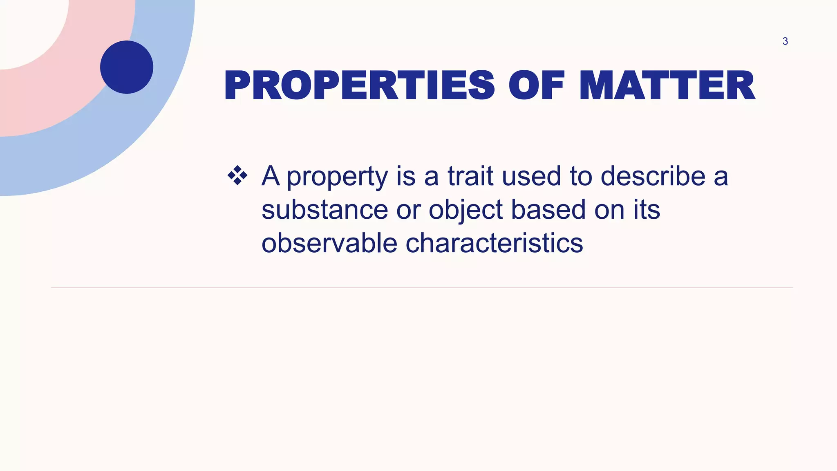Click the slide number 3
point(785,41)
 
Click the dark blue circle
point(127,67)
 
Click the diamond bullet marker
point(237,176)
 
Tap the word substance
point(325,210)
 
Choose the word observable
point(329,243)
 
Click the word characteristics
point(494,243)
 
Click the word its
point(647,210)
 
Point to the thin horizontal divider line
point(421,287)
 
